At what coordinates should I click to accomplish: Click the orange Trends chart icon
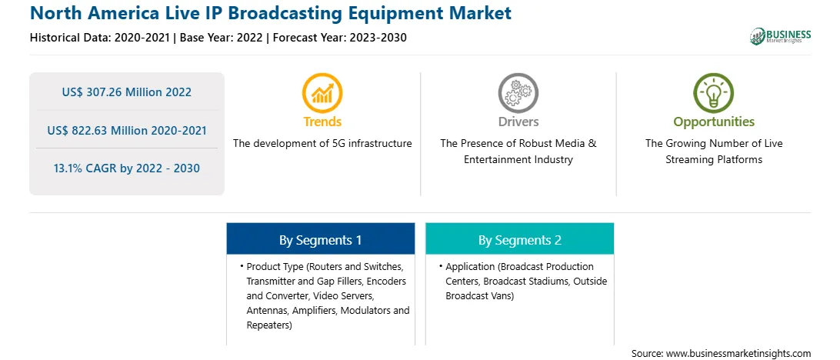click(x=322, y=92)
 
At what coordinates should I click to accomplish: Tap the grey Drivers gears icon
click(x=518, y=92)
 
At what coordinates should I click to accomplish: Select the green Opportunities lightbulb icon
click(x=714, y=92)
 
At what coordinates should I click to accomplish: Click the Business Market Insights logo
click(x=780, y=36)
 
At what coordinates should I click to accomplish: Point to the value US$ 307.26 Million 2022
click(x=126, y=92)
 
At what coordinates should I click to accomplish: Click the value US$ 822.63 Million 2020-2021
click(x=126, y=130)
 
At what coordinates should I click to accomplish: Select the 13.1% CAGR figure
click(x=126, y=168)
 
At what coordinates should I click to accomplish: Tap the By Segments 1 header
click(x=320, y=240)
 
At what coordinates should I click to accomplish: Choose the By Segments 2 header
click(x=520, y=240)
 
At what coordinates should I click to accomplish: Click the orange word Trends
click(x=322, y=122)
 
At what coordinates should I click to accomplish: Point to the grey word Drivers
click(x=518, y=122)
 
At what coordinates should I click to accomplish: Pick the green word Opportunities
click(x=714, y=122)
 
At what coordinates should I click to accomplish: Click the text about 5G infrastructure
click(x=322, y=144)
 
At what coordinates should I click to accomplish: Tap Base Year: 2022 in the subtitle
click(x=221, y=38)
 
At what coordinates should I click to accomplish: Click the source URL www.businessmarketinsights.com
click(x=738, y=354)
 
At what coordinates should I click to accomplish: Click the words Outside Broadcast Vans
click(x=527, y=288)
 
